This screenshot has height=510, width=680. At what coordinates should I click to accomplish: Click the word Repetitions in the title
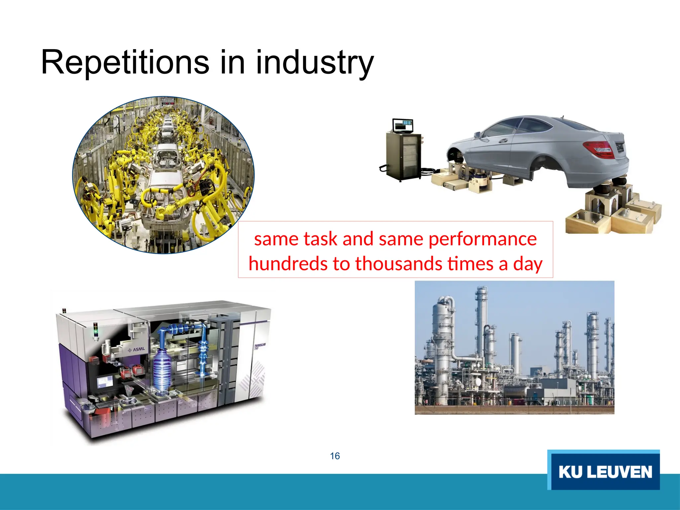tap(125, 62)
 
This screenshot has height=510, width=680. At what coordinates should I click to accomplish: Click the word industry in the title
tap(315, 63)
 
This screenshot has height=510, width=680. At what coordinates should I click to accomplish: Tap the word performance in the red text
tap(482, 239)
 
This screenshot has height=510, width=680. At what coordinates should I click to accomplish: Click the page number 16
tap(335, 456)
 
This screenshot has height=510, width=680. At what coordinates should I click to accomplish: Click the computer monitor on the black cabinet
tap(402, 126)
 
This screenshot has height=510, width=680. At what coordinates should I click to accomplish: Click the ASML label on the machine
tap(136, 350)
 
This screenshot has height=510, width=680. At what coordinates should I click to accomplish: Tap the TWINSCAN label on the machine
tap(259, 346)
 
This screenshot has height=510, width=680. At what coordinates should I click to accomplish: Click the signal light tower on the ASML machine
tap(96, 330)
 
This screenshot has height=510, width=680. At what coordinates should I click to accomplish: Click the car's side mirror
tap(477, 134)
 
